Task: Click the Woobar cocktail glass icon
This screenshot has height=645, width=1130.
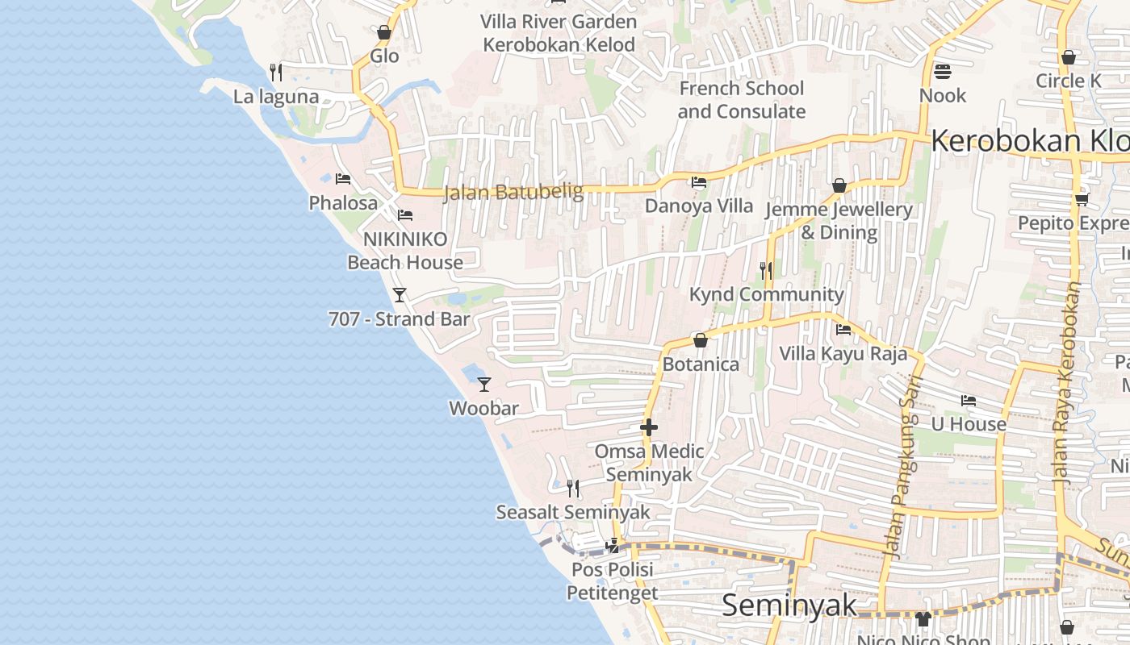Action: (x=484, y=384)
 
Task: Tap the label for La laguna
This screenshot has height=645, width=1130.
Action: (x=276, y=97)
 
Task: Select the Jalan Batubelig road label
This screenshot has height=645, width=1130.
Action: (x=513, y=192)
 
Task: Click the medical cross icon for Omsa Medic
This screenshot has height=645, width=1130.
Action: (x=649, y=427)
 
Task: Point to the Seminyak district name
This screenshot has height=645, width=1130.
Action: (x=789, y=605)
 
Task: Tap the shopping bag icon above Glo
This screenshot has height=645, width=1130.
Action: (x=384, y=32)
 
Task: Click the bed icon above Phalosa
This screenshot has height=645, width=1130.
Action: (x=343, y=178)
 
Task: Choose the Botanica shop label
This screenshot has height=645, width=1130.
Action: (x=701, y=364)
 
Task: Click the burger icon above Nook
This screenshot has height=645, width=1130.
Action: (x=942, y=72)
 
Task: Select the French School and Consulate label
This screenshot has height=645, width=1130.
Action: (x=741, y=100)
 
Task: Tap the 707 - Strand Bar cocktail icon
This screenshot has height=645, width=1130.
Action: (x=400, y=294)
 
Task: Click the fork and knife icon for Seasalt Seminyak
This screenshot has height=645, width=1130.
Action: (x=573, y=488)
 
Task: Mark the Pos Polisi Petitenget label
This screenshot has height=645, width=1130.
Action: (x=612, y=581)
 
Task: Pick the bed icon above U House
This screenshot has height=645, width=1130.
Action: (x=969, y=400)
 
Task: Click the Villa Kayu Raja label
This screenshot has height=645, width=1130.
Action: (x=843, y=353)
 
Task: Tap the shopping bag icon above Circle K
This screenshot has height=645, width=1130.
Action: (x=1068, y=57)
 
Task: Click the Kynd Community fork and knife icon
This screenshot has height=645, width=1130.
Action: (x=766, y=270)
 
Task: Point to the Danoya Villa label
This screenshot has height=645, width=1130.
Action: (x=699, y=206)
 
